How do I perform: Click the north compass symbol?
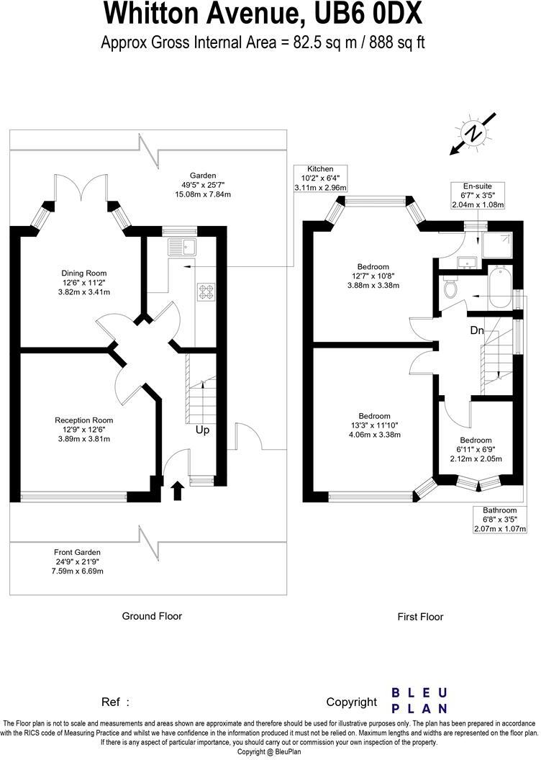(x=473, y=134)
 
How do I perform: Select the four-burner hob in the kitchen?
(x=206, y=291)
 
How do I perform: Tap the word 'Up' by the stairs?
(x=203, y=430)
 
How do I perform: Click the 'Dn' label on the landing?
(x=477, y=330)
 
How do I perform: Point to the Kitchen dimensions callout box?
(x=320, y=178)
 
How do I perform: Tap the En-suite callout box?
(x=478, y=195)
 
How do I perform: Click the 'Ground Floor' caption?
(x=152, y=616)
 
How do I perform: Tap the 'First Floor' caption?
(x=420, y=617)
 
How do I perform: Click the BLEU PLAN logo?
(x=419, y=700)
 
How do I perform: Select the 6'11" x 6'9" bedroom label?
(x=476, y=450)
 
